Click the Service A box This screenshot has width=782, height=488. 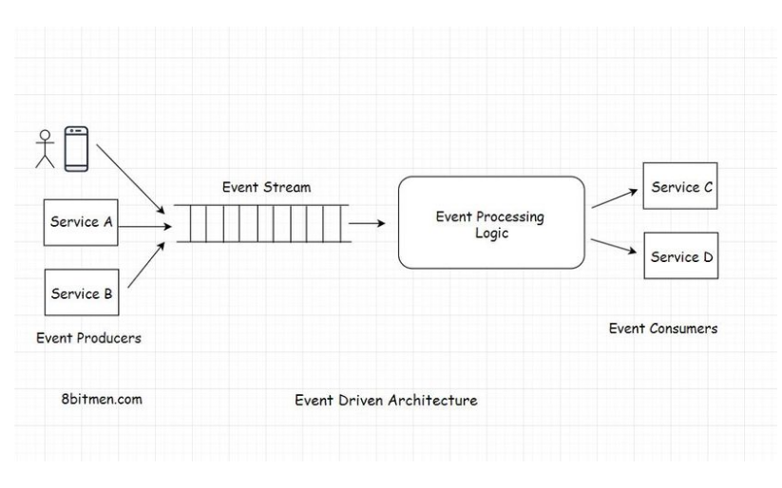point(82,223)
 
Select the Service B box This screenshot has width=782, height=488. point(82,292)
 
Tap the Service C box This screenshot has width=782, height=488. point(679,187)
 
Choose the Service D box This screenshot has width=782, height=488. point(679,255)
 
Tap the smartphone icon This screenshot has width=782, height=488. point(76,149)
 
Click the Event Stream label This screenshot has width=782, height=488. point(266,187)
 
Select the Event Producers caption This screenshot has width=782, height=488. point(88,337)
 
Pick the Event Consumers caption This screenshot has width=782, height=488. point(663,328)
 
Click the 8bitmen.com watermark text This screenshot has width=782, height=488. point(102,399)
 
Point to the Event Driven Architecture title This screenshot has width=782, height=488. point(386,400)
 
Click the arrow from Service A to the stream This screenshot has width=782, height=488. point(144,227)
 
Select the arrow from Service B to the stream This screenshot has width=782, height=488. point(148,265)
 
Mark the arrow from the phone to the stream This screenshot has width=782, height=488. point(133,175)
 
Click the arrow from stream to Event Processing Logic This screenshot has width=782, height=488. point(367,224)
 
